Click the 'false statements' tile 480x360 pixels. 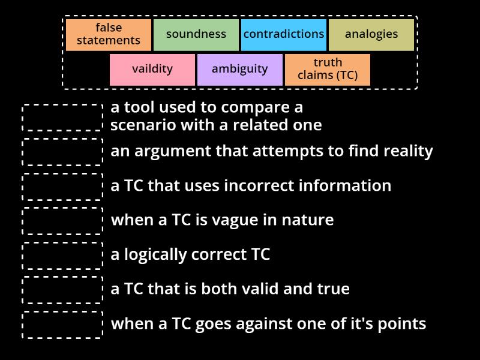(x=109, y=34)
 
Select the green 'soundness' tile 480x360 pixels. (x=196, y=34)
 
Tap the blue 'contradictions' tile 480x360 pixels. (x=284, y=34)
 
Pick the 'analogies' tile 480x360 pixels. (x=371, y=34)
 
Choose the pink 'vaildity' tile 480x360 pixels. (x=152, y=69)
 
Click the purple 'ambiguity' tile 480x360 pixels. (x=240, y=69)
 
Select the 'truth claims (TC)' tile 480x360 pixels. (x=328, y=69)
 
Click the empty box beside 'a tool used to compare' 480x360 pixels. (x=63, y=117)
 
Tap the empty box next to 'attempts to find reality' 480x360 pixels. (x=63, y=151)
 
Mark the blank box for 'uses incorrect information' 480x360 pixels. (x=63, y=186)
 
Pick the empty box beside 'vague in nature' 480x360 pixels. (x=63, y=220)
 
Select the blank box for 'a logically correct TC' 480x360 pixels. (x=63, y=255)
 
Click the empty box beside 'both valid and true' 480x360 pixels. (x=63, y=289)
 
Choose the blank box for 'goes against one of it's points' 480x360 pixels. (x=63, y=324)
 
